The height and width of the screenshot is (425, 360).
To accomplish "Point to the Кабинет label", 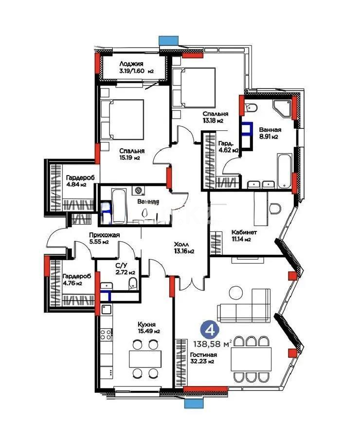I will click(241, 232).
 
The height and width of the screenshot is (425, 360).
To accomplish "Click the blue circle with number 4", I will click(211, 330).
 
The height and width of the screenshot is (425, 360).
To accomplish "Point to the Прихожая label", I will click(104, 235).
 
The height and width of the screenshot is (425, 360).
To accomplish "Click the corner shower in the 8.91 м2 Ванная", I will click(283, 109).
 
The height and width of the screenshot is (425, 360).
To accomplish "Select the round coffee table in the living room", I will click(236, 293).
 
